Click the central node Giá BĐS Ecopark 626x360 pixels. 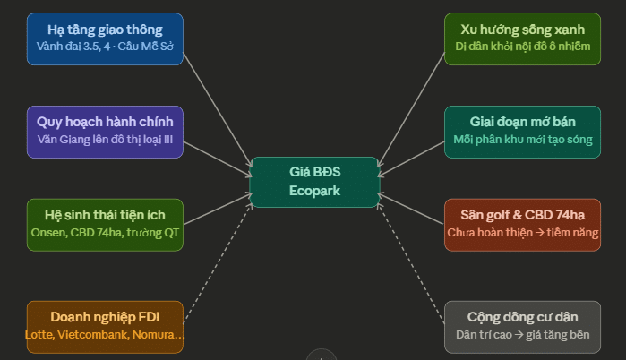point(314,182)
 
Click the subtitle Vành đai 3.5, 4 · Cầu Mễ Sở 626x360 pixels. point(105,46)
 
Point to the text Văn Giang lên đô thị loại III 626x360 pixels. point(105,140)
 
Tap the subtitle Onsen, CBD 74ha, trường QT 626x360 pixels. point(105,233)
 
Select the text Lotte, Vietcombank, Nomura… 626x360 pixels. point(105,335)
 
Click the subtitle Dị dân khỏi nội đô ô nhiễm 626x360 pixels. point(522,46)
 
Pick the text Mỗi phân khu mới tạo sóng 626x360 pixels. point(522,140)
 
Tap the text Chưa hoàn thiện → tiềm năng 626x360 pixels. point(522,233)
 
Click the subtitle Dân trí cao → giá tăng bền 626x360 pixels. point(522,335)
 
